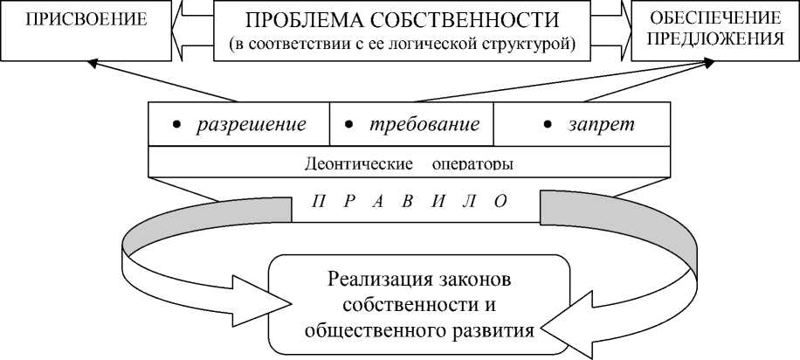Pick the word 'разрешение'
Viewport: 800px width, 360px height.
251,124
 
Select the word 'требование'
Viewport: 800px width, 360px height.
424,124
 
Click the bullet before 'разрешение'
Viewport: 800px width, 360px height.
176,125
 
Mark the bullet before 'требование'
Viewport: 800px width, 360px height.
348,125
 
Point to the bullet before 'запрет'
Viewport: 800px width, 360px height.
548,125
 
